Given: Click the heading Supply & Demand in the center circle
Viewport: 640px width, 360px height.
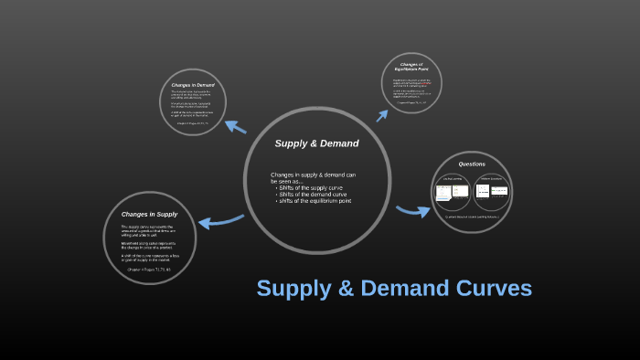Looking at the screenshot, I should pos(316,143).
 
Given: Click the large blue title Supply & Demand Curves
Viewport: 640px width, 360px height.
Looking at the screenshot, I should pos(394,288).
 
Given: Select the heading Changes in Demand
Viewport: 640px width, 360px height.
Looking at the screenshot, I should pos(192,85).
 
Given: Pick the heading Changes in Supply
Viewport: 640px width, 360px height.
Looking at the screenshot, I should pos(149,214).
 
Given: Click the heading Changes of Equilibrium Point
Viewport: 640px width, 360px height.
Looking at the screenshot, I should pos(411,67).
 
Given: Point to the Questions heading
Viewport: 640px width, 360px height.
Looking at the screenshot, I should pos(472,164).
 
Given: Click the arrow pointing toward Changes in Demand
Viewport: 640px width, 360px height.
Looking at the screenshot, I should pos(235,127).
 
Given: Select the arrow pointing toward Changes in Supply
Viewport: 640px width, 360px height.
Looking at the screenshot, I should pos(219,220).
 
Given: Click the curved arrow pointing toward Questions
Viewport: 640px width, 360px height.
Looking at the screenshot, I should pos(413,211).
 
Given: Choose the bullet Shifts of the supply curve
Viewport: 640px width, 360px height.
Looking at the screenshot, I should pos(313,187).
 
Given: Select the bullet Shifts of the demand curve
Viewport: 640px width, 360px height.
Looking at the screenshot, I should pos(313,194).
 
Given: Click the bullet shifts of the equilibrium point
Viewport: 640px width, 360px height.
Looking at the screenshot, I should pos(315,200).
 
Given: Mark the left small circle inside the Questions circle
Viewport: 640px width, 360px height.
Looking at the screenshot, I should pos(453,191).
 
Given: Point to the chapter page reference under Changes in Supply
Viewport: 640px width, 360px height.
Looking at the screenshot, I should pos(149,270).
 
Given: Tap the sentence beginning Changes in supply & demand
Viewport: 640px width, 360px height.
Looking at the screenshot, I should pos(313,177).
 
